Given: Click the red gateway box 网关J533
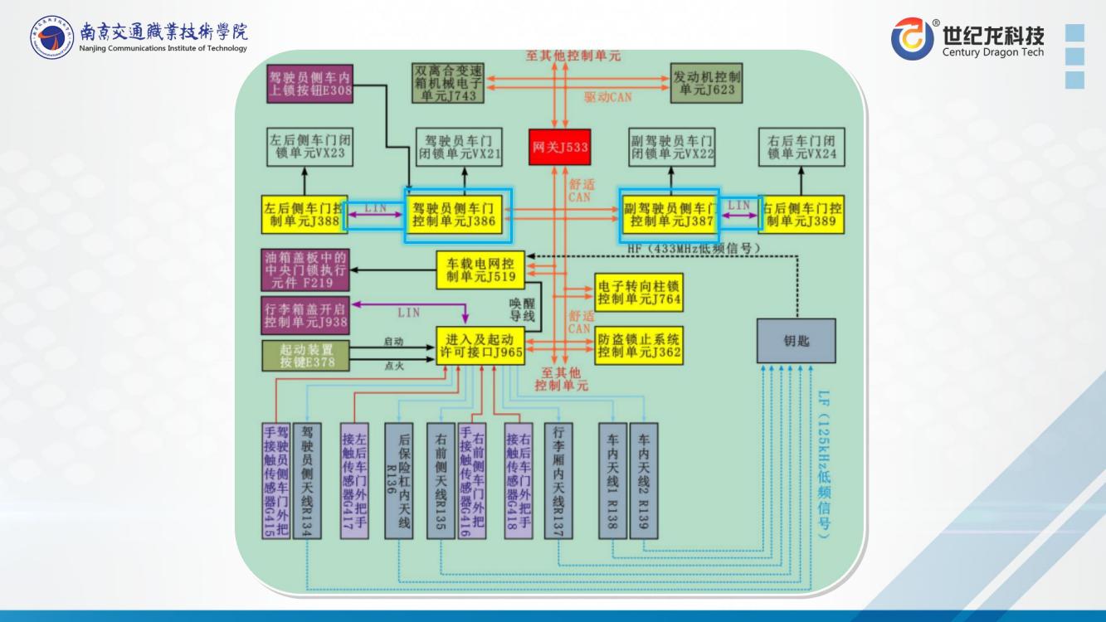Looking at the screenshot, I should (560, 148).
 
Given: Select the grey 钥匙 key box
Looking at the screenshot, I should (796, 340).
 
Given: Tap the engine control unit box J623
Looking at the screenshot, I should (706, 81).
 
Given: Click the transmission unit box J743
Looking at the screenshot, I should (448, 81).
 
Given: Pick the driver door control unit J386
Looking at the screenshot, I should (458, 216).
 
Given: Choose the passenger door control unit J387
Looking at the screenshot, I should (670, 215).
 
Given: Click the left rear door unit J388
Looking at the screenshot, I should (302, 215).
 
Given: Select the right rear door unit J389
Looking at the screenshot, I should (801, 215).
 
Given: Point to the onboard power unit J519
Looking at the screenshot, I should (481, 270).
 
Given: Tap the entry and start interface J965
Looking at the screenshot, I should (480, 346).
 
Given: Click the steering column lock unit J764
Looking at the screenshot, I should (639, 292).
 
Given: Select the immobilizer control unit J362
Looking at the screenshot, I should (639, 346).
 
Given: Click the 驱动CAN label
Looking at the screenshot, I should (607, 97).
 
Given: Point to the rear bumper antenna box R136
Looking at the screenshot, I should (398, 480).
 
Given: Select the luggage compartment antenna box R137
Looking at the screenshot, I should (558, 480).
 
